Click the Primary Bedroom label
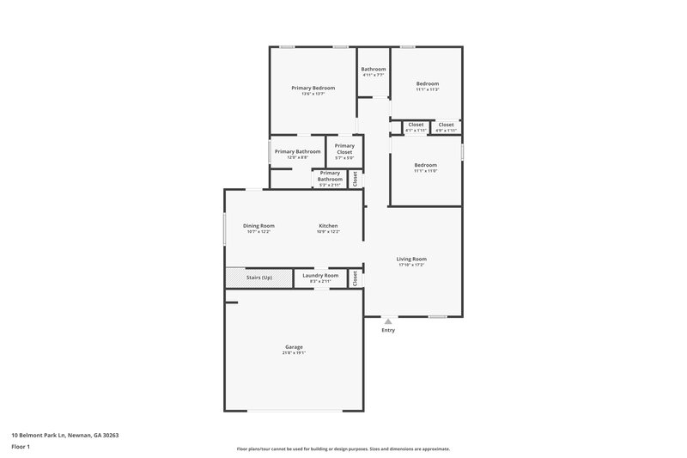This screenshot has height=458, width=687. point(313,88)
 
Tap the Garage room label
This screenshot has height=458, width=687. point(294,346)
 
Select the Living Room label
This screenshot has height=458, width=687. point(411,259)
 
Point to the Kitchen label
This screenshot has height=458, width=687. point(328,226)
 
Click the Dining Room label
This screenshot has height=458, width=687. point(258,226)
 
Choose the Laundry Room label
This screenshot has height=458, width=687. point(319,275)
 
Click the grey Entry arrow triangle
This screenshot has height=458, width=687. point(388,321)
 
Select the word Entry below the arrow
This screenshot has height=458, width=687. point(388,330)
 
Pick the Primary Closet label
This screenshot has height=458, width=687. point(344,149)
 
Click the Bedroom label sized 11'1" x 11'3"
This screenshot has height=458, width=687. point(427,83)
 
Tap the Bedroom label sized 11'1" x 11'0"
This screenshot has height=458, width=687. point(425,165)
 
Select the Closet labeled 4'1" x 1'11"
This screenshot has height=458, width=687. point(416,125)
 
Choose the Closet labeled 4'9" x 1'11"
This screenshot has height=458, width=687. point(446,125)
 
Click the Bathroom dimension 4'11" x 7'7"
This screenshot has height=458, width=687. point(373,76)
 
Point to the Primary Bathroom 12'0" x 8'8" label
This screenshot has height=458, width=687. point(297,151)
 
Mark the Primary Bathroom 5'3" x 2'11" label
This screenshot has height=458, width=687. point(330,175)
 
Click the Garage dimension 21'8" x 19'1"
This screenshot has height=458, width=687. point(294,352)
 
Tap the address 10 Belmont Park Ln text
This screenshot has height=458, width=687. point(64,436)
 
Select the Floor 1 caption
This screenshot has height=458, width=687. point(21,447)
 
